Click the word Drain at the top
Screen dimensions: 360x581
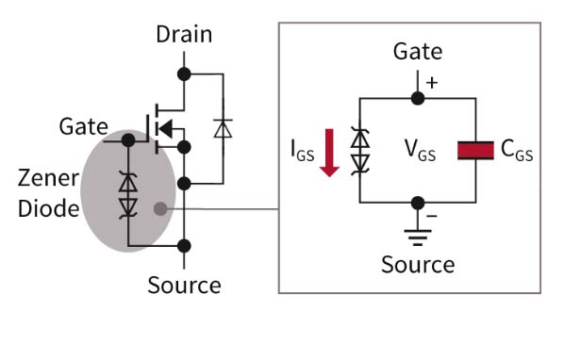pos(184,35)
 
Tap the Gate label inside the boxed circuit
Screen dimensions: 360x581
pos(417,51)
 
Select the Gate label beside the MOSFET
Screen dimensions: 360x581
pos(84,125)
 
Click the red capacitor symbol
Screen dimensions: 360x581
pos(476,150)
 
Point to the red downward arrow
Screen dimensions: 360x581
pos(329,153)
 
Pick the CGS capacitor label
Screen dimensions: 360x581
pos(517,151)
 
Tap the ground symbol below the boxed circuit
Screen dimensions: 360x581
pos(417,236)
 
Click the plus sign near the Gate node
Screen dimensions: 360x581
pos(433,82)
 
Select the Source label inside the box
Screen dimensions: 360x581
pos(417,265)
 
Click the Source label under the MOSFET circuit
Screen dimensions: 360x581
pos(184,285)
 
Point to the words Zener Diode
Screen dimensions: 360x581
pos(48,192)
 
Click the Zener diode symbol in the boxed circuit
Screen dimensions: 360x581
pos(360,151)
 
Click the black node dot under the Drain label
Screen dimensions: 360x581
pos(184,73)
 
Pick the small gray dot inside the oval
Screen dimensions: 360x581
pos(161,208)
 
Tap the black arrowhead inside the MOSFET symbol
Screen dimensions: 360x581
pos(164,127)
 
